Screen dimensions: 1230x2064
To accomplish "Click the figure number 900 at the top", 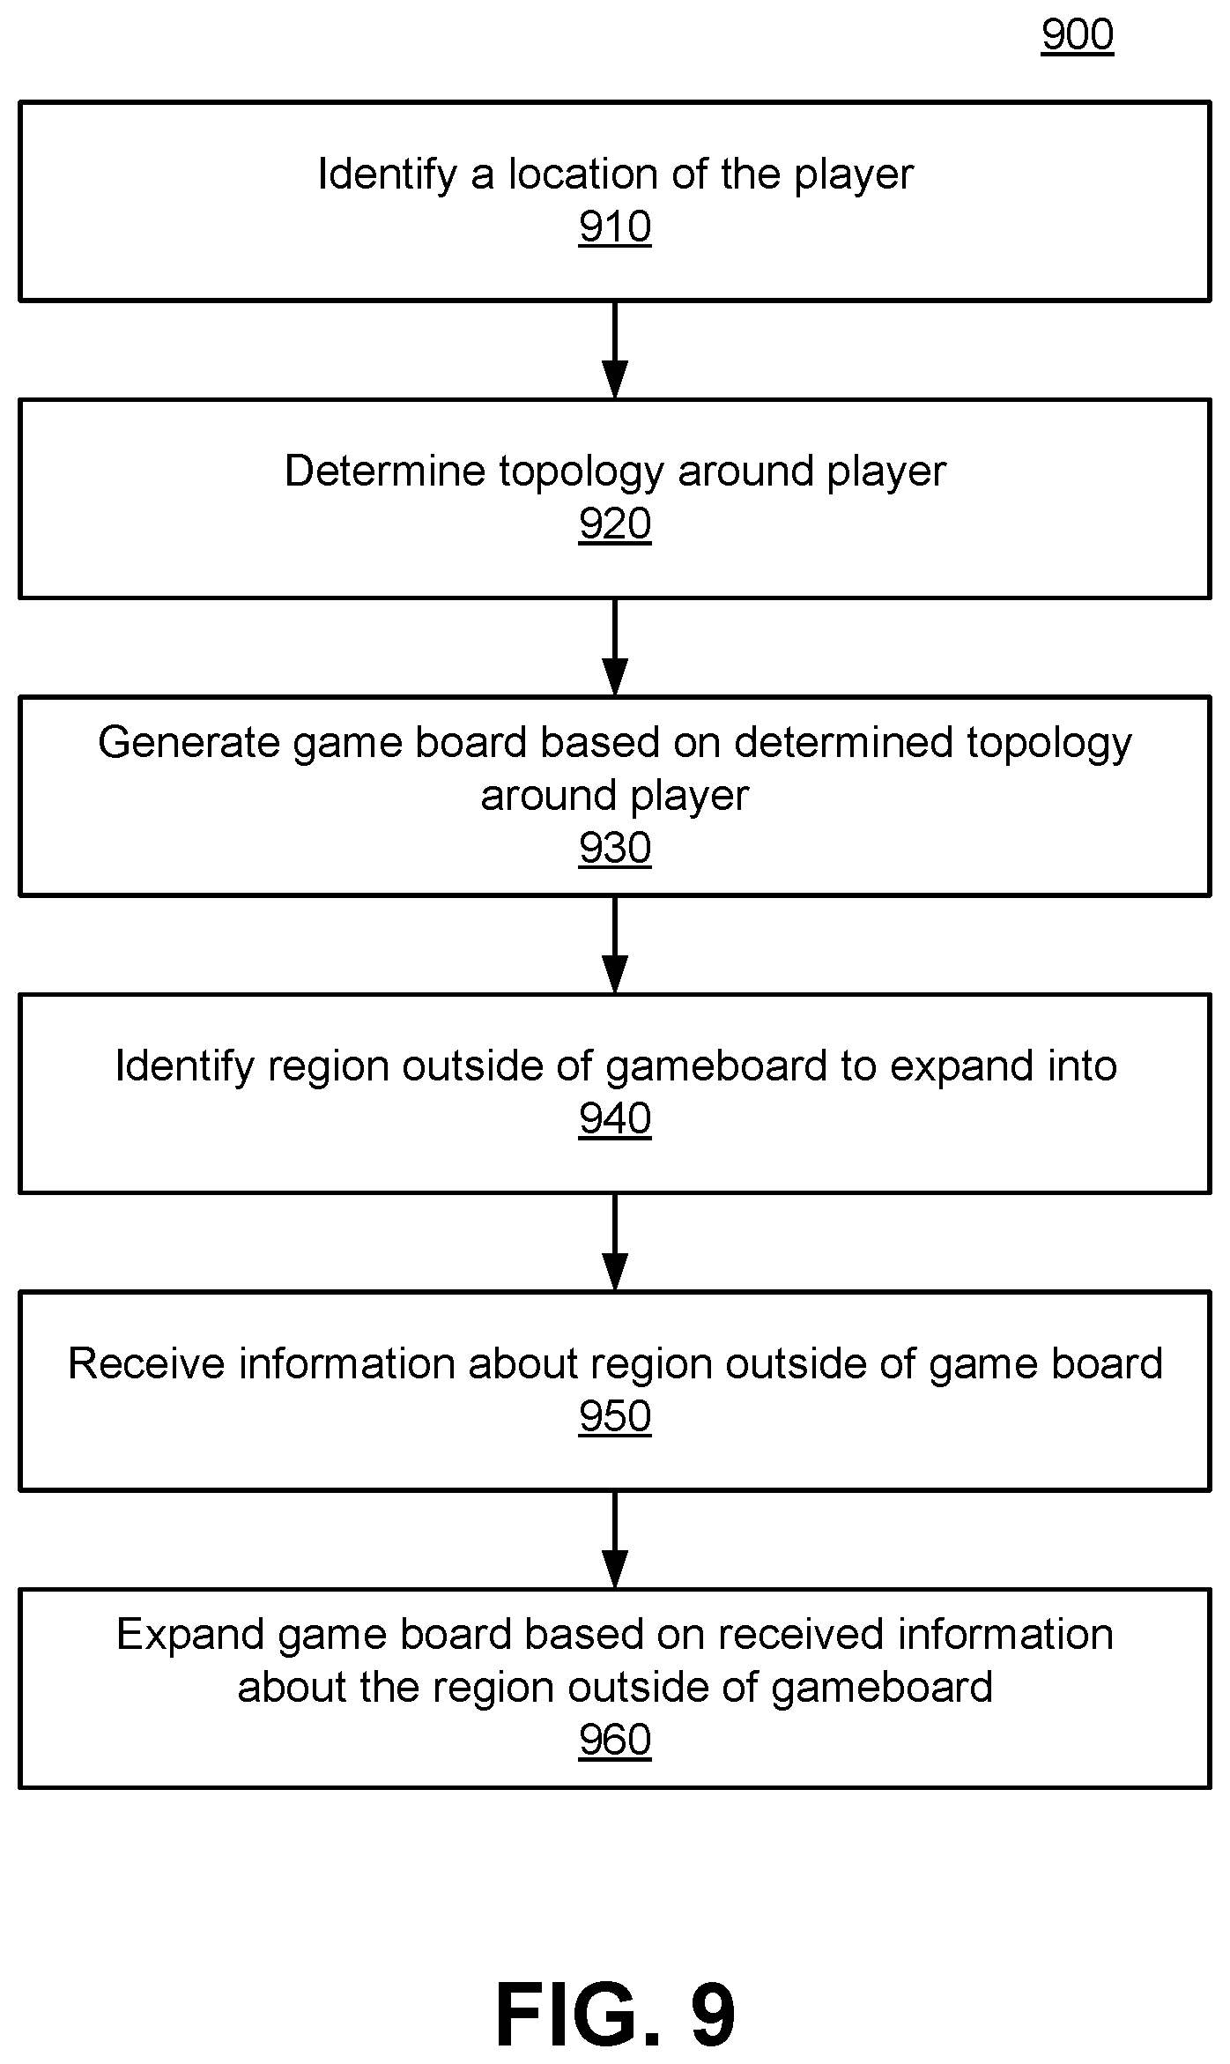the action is (1077, 36).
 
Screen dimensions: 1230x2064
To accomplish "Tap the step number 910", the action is (615, 227).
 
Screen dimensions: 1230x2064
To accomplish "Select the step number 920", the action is (615, 524).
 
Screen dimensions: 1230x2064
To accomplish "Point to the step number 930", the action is (615, 848).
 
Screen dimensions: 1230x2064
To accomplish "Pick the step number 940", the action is (615, 1118).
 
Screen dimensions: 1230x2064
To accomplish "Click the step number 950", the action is (615, 1416).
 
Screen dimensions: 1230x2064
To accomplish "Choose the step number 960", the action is (615, 1740).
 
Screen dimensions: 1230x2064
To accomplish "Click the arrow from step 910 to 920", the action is (615, 350).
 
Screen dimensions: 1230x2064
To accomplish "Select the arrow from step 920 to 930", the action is (615, 648).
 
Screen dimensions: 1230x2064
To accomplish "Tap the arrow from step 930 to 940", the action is (615, 945).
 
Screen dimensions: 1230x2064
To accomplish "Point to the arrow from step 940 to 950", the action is (615, 1243).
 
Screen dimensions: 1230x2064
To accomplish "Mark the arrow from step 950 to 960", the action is (615, 1540).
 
